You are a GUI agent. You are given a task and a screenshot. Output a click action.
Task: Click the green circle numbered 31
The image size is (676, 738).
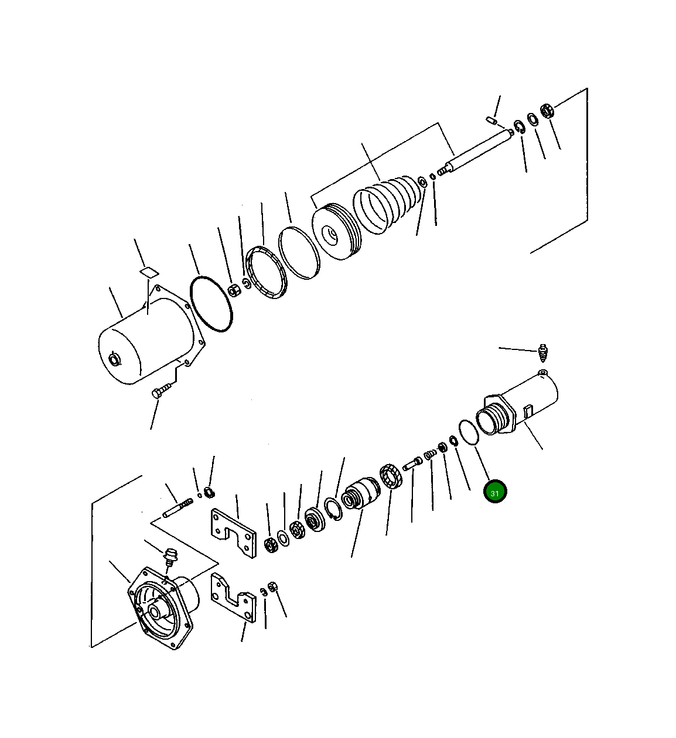click(x=494, y=492)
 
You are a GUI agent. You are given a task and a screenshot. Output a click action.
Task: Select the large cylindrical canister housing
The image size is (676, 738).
click(x=146, y=339)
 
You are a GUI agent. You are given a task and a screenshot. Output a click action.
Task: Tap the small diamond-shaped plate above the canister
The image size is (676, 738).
click(x=149, y=272)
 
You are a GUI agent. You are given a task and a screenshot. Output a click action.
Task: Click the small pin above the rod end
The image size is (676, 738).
click(x=491, y=121)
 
